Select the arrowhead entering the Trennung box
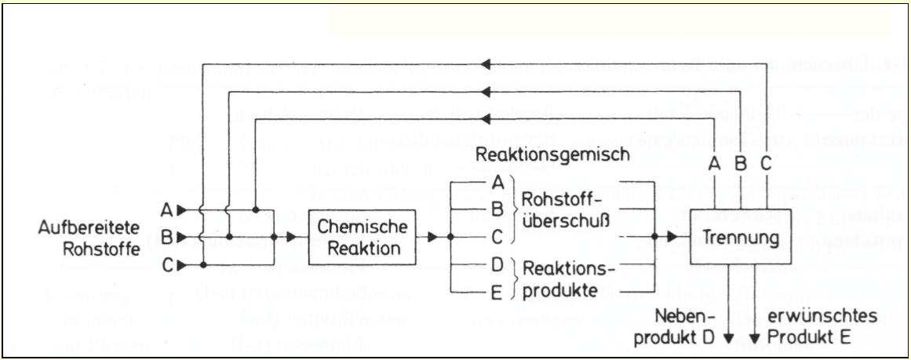pos(672,235)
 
